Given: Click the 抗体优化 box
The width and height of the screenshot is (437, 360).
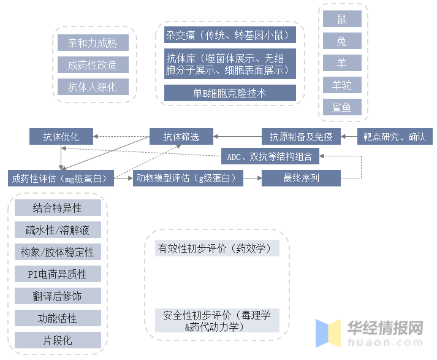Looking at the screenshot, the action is [x=61, y=136].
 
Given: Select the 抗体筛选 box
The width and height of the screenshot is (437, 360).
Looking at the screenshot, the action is [x=181, y=136].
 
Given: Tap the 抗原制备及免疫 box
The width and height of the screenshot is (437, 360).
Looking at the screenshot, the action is [x=301, y=136].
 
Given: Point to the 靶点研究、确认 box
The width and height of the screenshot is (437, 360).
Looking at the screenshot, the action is [x=395, y=136].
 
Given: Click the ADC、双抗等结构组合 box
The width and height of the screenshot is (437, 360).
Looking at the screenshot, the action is [x=270, y=156].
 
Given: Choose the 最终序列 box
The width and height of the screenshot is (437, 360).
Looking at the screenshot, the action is [x=301, y=178].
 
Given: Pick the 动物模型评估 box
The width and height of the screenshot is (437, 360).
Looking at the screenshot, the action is [x=188, y=178].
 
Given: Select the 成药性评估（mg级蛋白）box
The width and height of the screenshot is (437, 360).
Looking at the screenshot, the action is [x=61, y=178].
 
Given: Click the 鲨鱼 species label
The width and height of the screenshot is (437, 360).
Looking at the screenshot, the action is [x=342, y=107].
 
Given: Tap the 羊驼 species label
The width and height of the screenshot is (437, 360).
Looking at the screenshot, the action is [x=342, y=85].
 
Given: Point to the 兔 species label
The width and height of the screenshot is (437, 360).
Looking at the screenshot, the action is [x=342, y=40].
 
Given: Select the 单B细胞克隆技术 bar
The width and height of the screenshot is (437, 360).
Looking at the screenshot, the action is [x=230, y=93].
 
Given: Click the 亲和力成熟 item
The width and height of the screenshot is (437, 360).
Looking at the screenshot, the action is [x=93, y=43].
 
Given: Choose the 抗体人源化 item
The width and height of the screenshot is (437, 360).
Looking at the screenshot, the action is [x=93, y=86].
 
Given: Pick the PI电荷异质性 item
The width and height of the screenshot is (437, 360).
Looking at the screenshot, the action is [x=58, y=274].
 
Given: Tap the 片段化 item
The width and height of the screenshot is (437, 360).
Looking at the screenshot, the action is [x=58, y=340].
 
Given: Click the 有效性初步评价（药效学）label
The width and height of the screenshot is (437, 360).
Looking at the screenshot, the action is [x=217, y=248].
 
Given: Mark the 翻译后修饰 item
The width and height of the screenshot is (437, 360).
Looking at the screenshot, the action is [x=58, y=296].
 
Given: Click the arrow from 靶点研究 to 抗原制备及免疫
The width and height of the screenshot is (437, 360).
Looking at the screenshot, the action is [x=349, y=136].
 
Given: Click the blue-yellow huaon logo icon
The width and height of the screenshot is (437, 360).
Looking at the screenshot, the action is [x=328, y=333].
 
